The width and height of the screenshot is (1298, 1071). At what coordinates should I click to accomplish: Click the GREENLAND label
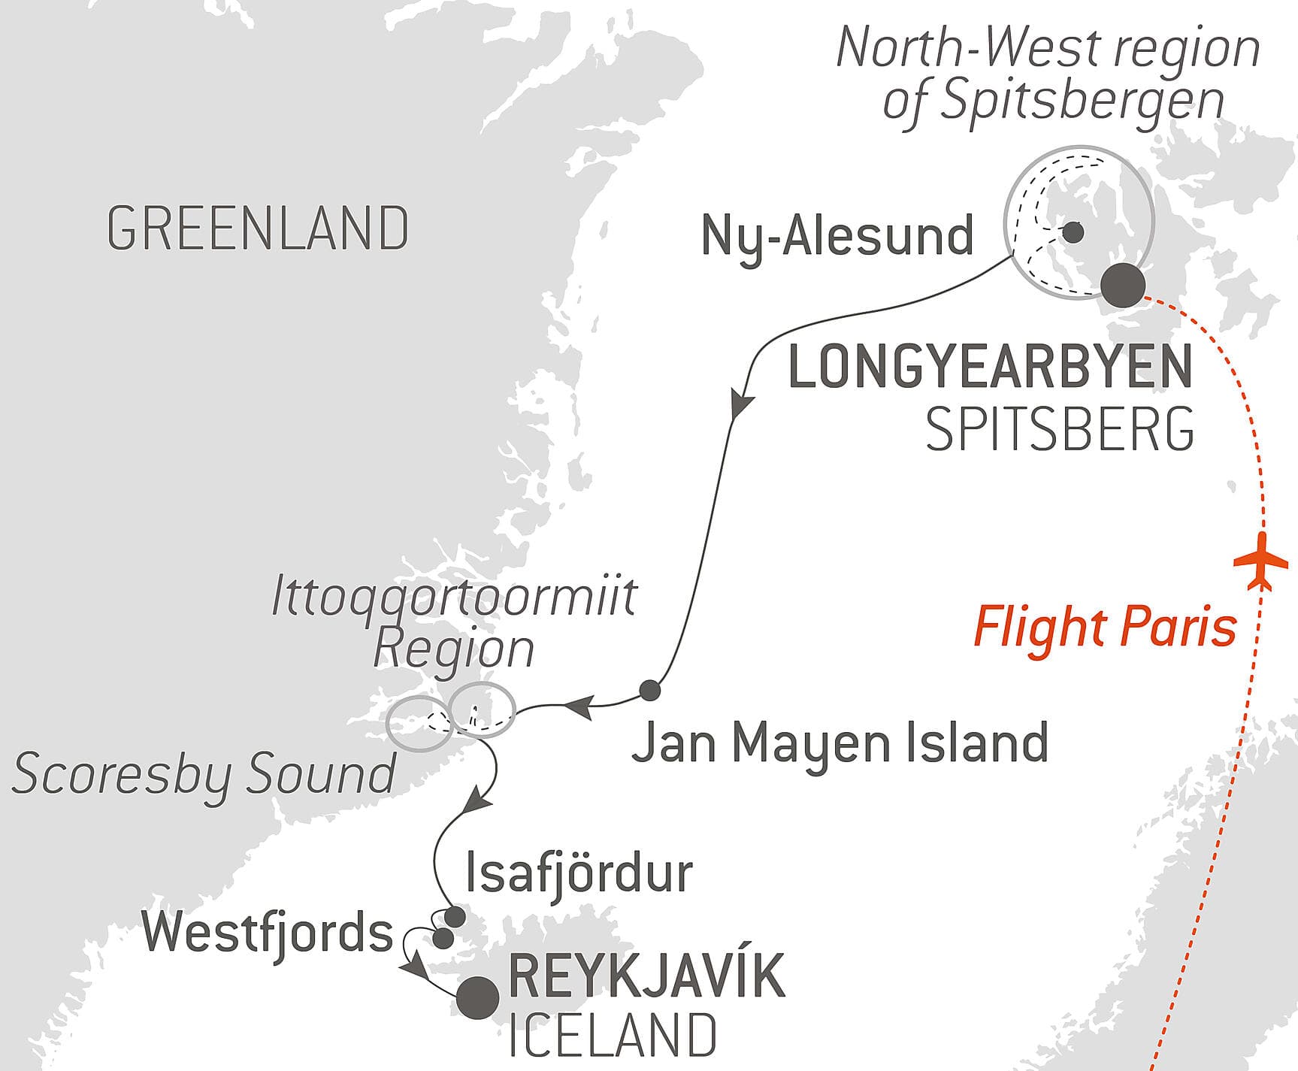coord(258,228)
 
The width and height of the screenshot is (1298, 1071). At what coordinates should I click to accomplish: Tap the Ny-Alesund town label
coord(837,236)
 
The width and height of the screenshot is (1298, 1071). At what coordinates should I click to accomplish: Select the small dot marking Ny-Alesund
coord(1073,232)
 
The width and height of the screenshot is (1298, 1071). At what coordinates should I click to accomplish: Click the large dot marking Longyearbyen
coord(1123,285)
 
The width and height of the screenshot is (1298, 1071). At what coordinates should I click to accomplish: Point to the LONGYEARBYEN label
coord(990,367)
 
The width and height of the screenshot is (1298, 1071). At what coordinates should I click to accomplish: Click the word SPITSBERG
coord(1059,430)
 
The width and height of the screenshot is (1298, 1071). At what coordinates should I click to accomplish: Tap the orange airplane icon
coord(1262,562)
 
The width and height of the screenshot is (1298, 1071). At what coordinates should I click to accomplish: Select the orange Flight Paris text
coord(1105,627)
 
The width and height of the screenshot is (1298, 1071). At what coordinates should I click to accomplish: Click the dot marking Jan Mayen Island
coord(649,690)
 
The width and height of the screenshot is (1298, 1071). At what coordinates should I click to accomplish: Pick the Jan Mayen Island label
coord(840,743)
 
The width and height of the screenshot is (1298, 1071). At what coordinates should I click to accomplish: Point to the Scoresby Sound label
coord(204,774)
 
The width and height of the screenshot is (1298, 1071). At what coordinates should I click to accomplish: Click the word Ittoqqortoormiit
coord(454,597)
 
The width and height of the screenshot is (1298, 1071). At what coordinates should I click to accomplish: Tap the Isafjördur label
coord(579,873)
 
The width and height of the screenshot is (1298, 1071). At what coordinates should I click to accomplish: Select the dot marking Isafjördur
coord(455,917)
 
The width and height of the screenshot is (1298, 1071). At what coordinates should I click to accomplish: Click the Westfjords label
coord(268,933)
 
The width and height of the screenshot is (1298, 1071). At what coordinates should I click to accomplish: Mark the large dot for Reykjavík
coord(478,997)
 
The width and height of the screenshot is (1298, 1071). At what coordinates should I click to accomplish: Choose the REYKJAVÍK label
coord(646,976)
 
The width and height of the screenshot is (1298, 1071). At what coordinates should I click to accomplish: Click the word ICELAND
coord(612,1036)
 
